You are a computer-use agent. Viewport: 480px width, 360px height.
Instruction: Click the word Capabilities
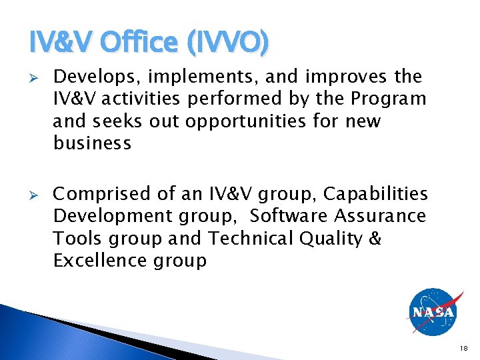(376, 194)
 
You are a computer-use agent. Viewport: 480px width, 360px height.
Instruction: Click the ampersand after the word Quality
(375, 238)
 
